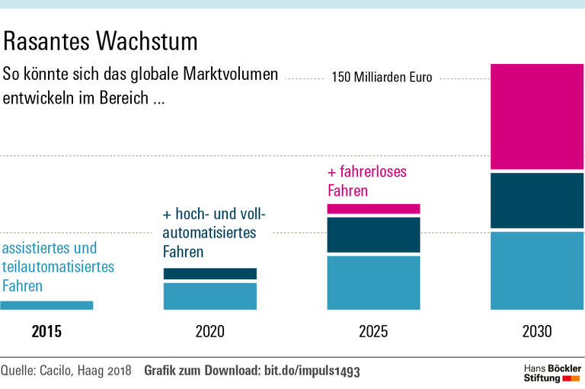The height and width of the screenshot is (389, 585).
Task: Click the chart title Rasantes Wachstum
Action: tap(101, 40)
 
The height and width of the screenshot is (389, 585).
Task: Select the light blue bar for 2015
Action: tap(46, 305)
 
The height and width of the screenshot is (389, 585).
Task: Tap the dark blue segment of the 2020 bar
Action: tap(210, 273)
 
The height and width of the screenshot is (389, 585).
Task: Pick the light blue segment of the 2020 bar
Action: tap(210, 296)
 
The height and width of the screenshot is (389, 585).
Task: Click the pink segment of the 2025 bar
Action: tap(373, 209)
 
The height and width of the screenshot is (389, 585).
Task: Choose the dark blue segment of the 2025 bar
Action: tap(373, 234)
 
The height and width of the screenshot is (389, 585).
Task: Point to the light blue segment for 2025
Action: tap(373, 282)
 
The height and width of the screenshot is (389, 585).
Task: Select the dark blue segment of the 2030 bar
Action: tap(537, 201)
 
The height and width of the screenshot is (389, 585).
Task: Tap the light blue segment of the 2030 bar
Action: tap(537, 271)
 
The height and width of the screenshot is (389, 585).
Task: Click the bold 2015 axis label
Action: tap(46, 332)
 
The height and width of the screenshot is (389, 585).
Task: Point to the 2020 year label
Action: tap(210, 332)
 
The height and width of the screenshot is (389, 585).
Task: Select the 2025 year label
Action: tap(373, 332)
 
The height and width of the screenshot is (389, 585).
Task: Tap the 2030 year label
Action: tap(537, 332)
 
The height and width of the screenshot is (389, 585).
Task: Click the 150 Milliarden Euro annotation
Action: tap(382, 78)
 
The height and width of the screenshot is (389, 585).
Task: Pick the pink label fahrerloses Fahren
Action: tap(367, 181)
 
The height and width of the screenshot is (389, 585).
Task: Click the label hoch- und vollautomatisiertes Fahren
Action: tap(214, 232)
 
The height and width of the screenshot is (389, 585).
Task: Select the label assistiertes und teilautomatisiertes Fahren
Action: tap(58, 267)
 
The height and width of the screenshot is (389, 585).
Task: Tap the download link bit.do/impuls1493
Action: tap(312, 371)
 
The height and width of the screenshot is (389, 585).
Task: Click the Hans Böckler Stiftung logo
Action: tap(552, 372)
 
